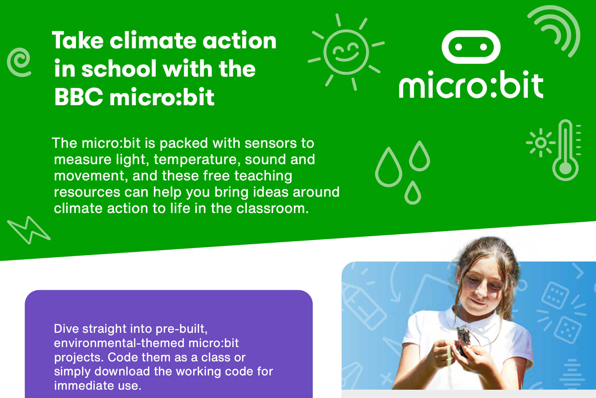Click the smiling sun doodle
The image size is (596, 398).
point(346,52)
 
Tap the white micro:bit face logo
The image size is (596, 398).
point(471,47)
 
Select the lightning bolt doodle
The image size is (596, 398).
point(28,230)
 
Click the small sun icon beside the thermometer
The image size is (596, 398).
point(541,142)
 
